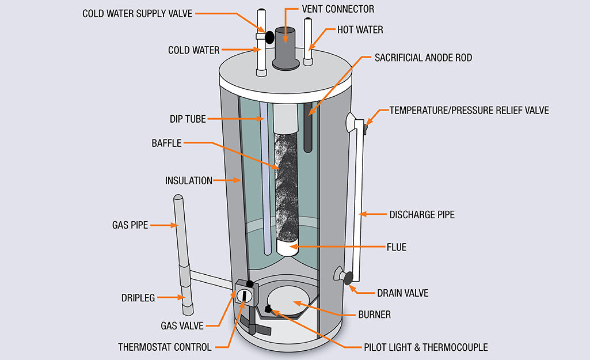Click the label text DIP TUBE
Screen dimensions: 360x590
tap(186, 119)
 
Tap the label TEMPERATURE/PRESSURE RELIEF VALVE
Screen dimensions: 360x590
tap(469, 110)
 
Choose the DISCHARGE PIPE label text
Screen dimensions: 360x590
tap(421, 214)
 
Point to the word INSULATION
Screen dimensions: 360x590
tap(189, 180)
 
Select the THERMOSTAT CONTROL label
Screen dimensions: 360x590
tap(165, 347)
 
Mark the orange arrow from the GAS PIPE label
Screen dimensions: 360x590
tap(164, 226)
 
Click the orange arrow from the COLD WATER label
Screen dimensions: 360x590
tap(239, 50)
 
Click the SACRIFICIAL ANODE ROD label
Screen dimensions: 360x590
tap(423, 58)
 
